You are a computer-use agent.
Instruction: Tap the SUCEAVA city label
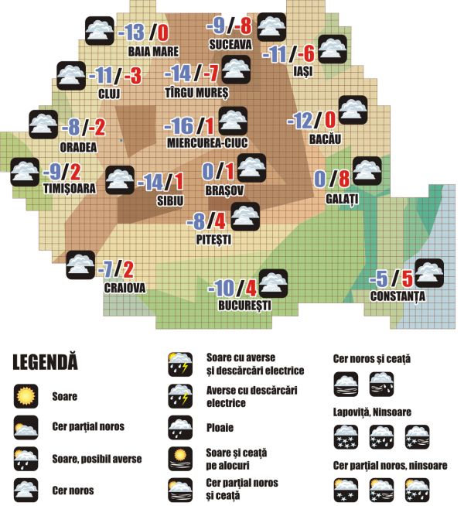(x=230, y=46)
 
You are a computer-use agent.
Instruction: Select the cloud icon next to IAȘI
(x=330, y=49)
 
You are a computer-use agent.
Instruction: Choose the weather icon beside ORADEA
(x=43, y=125)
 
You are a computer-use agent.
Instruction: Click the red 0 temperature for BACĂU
(x=330, y=120)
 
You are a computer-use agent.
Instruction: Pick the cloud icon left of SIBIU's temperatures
(x=118, y=181)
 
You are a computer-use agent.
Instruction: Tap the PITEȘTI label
(x=214, y=240)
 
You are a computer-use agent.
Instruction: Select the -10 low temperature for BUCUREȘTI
(x=221, y=289)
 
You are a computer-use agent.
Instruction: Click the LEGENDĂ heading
(x=46, y=361)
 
